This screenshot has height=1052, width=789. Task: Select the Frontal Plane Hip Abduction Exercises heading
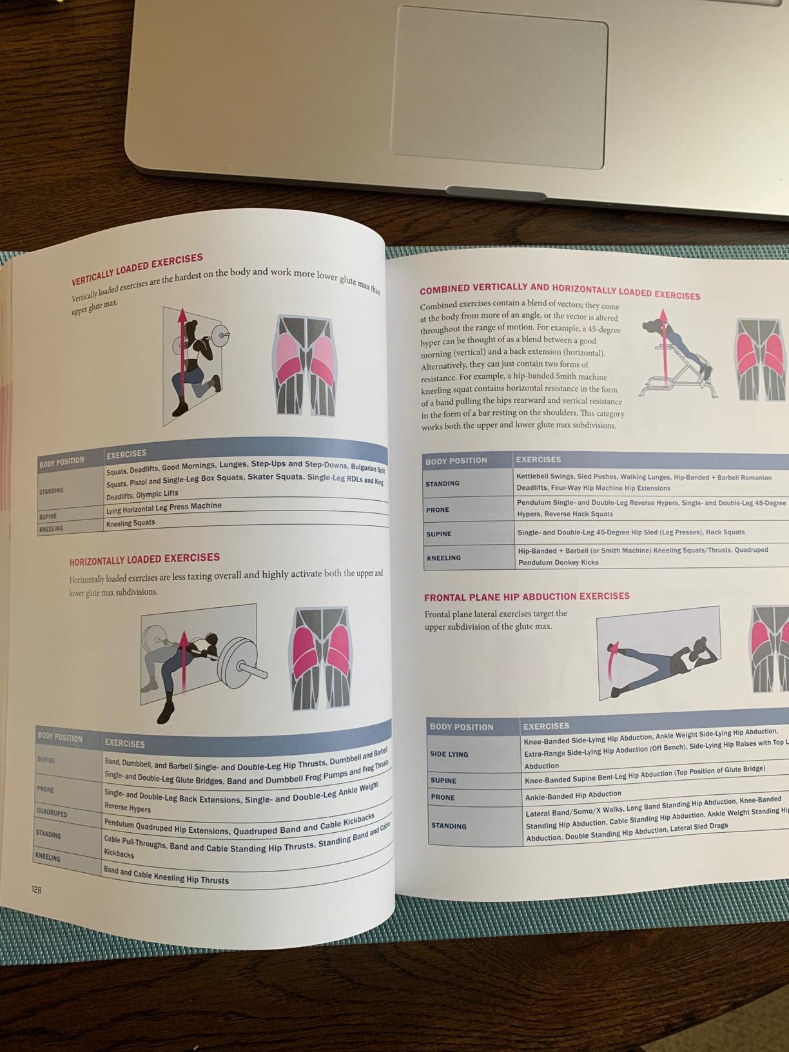[527, 597]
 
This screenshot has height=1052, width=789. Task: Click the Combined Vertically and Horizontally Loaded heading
[560, 291]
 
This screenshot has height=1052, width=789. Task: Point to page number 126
[36, 890]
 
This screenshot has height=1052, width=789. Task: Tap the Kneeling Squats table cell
[130, 523]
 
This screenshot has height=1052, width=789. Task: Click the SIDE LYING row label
[449, 754]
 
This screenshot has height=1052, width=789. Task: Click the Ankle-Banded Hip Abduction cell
[573, 795]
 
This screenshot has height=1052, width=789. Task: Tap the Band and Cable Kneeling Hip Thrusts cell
[166, 876]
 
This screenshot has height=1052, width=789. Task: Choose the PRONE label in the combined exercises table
[437, 510]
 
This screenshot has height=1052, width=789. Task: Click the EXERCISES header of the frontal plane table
[546, 726]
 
